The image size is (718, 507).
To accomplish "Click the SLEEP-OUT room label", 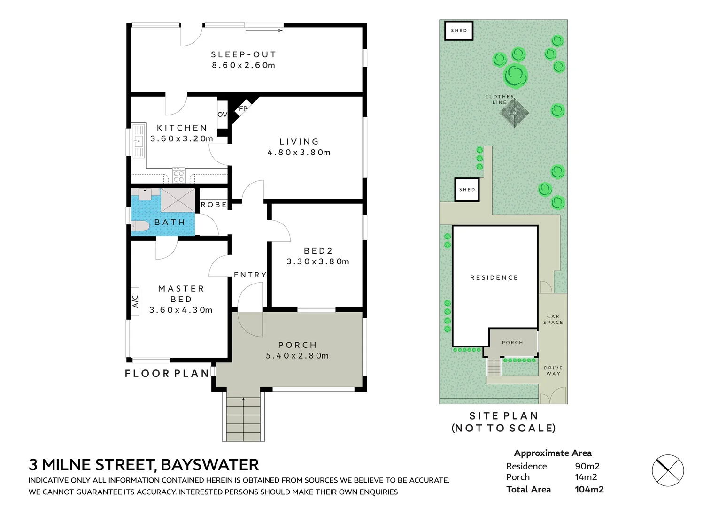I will tap(243, 54).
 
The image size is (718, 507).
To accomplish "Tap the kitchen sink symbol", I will tap(138, 140).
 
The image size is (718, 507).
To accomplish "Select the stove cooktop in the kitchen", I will tap(178, 175).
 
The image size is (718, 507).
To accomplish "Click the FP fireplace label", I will tap(243, 108).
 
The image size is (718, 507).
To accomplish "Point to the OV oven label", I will tap(222, 114).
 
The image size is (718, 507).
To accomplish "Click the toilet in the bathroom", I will tap(140, 226).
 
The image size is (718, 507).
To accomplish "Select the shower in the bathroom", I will tap(178, 200).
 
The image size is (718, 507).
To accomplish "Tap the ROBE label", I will tap(214, 205).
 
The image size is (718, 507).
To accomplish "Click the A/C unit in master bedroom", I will tap(135, 301).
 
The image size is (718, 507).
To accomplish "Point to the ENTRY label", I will tap(250, 275).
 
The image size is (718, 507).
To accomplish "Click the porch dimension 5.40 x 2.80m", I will tap(297, 356).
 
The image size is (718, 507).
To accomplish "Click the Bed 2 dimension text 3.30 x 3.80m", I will tap(318, 261).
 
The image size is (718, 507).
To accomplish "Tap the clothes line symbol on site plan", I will tap(514, 113).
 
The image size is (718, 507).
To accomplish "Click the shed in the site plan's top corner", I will tap(459, 31).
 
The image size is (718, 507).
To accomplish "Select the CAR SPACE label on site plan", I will tap(553, 319).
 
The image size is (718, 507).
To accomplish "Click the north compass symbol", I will tap(667, 470).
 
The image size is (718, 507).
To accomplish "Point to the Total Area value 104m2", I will tap(589, 490).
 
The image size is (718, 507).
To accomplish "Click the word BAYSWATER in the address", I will tap(209, 465).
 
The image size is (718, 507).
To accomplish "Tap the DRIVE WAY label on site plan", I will tap(553, 371).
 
